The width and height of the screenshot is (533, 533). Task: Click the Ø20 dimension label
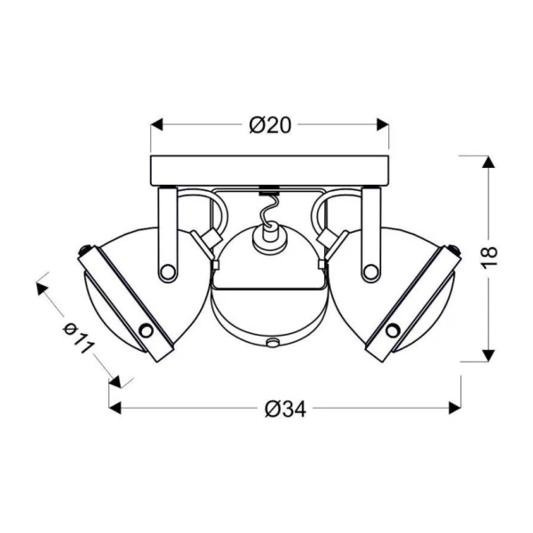click(270, 125)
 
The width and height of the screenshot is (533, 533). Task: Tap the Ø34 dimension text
click(285, 409)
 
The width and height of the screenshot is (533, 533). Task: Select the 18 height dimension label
click(489, 258)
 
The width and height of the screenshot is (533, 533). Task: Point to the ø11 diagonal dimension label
click(78, 338)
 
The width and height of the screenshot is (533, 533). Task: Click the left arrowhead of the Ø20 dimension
click(156, 124)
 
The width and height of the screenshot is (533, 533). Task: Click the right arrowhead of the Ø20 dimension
click(382, 124)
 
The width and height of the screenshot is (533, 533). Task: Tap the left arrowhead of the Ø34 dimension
click(115, 408)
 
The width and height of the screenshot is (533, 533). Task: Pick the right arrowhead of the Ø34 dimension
click(455, 408)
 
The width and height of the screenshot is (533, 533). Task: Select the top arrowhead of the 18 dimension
click(489, 162)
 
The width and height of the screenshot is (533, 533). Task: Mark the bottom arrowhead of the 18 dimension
click(489, 355)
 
